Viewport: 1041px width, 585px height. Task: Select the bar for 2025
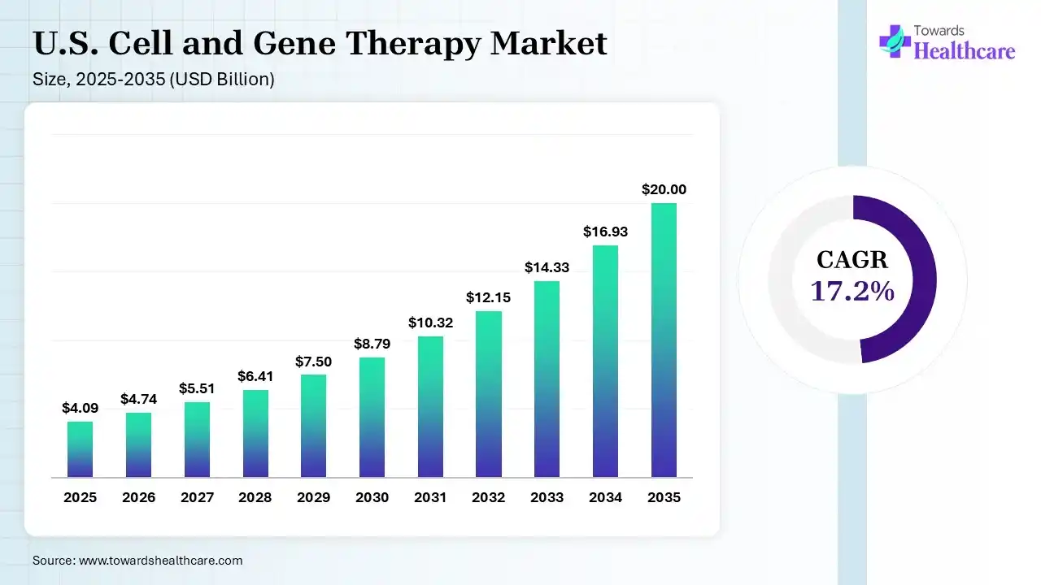(x=80, y=449)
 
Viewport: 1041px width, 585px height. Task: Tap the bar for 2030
(x=372, y=417)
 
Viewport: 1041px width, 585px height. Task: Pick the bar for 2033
(x=547, y=379)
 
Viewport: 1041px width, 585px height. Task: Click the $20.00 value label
(x=664, y=189)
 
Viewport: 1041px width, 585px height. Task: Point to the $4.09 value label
(x=80, y=408)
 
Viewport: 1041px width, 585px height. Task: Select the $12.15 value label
(x=489, y=297)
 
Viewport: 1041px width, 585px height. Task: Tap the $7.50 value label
(x=313, y=362)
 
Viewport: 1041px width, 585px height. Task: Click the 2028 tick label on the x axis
(x=255, y=497)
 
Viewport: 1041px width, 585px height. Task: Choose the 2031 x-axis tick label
(x=430, y=497)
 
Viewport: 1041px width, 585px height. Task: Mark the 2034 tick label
(x=605, y=497)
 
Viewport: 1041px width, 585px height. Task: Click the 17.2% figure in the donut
(x=852, y=290)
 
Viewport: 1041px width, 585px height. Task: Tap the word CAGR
(x=852, y=260)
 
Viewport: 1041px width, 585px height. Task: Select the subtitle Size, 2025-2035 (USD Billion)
(x=153, y=80)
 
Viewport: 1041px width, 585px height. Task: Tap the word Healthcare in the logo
(x=965, y=51)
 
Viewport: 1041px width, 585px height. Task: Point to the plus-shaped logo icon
(x=894, y=41)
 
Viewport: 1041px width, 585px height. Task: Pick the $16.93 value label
(x=605, y=232)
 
